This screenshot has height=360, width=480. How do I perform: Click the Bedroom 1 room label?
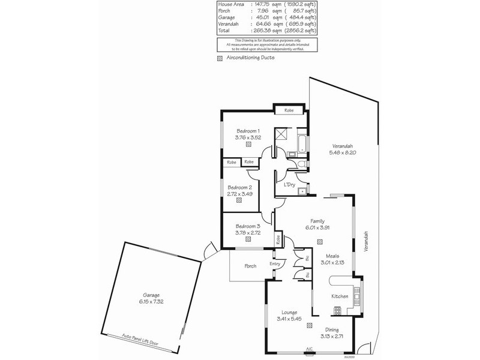[x=247, y=131]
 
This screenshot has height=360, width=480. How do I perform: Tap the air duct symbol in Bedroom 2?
[x=239, y=202]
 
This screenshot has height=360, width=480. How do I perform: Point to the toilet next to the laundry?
[x=301, y=163]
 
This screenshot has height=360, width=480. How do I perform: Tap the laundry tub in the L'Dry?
[x=303, y=191]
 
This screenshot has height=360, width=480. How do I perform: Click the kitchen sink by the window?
[x=356, y=295]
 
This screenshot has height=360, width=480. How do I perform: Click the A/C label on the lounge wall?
[x=310, y=349]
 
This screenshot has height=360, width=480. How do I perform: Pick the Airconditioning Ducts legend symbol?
[x=220, y=59]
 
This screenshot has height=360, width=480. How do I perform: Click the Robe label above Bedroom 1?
[x=289, y=110]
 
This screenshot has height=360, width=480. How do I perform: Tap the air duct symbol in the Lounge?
[x=309, y=325]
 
